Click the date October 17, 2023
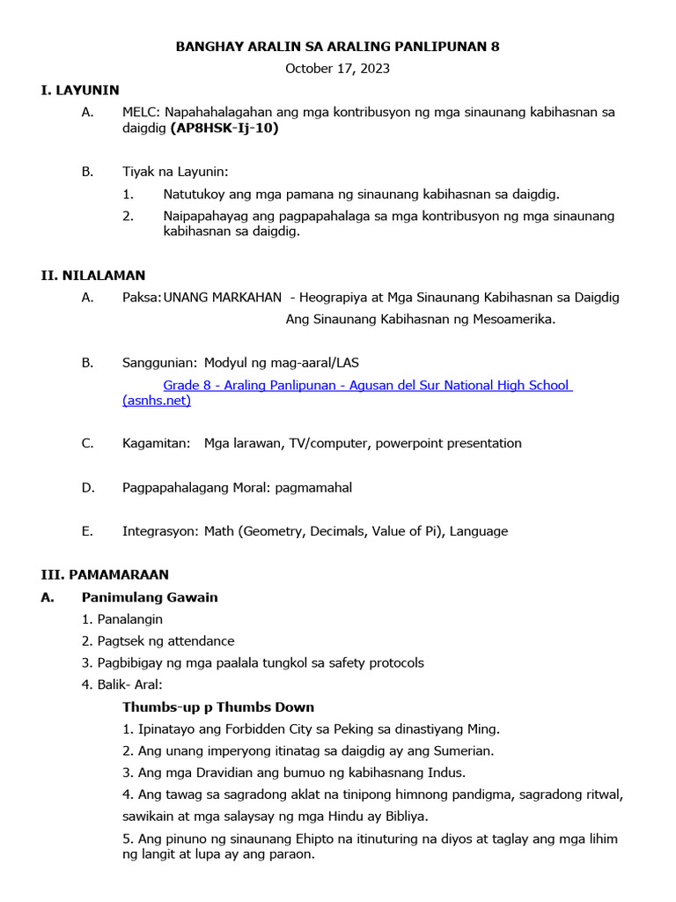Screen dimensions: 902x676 pyautogui.click(x=337, y=68)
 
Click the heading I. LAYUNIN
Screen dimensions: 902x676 pyautogui.click(x=80, y=90)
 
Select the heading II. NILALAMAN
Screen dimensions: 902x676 pyautogui.click(x=93, y=276)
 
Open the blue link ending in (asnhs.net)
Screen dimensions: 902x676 pyautogui.click(x=157, y=401)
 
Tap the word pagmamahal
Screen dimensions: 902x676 pyautogui.click(x=313, y=487)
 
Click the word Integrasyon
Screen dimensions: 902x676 pyautogui.click(x=160, y=531)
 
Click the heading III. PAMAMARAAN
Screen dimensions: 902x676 pyautogui.click(x=105, y=574)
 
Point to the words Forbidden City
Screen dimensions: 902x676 pyautogui.click(x=247, y=729)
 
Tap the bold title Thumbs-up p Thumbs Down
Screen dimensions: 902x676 pyautogui.click(x=218, y=707)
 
